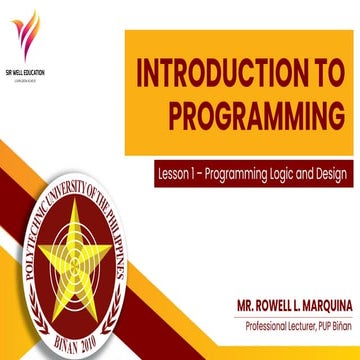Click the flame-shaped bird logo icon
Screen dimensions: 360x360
pos(27,38)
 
